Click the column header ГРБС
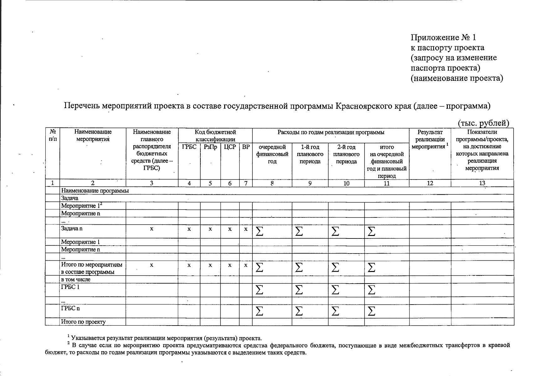189,147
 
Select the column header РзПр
210,147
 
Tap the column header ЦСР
230,147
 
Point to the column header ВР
246,147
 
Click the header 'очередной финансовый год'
272,154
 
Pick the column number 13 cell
482,183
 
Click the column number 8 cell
272,183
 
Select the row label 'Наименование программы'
95,191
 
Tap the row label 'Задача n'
72,228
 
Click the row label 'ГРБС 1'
70,287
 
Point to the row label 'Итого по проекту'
83,322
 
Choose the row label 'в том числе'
76,279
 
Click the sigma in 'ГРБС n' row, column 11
371,311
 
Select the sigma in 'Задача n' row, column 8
259,232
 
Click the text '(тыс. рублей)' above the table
483,123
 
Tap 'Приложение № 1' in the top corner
443,38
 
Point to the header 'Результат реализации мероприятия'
430,139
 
